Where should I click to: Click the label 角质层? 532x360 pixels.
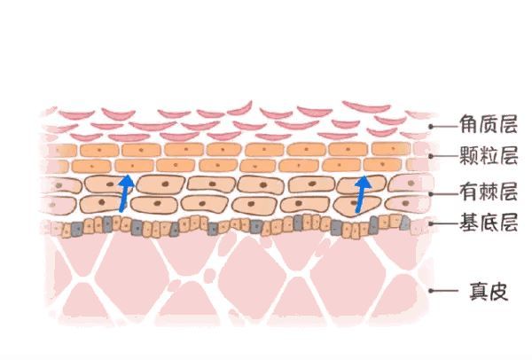click(488, 124)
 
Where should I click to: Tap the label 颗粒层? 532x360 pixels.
click(488, 156)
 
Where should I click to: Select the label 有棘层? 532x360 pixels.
click(488, 190)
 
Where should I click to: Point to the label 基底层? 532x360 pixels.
click(488, 222)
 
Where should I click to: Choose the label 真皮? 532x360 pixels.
click(487, 290)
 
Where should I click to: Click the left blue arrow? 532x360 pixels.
click(125, 194)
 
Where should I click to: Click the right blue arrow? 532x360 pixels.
click(361, 195)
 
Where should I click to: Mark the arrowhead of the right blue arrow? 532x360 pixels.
click(363, 182)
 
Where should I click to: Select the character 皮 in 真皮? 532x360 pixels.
click(498, 290)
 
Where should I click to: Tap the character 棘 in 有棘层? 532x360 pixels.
click(488, 190)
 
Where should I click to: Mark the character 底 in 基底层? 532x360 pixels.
click(488, 222)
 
